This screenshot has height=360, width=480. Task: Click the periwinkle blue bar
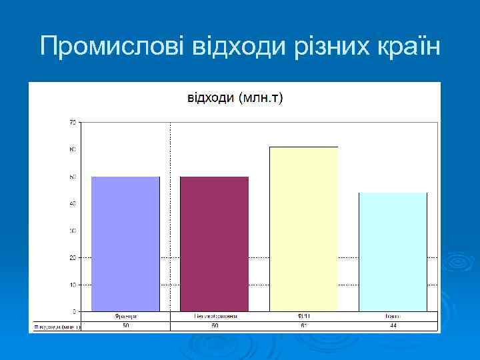125,244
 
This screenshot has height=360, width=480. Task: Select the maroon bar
214,244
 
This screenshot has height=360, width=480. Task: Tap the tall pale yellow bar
303,229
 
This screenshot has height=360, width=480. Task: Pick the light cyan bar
393,252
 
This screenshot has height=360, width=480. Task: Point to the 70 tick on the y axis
72,122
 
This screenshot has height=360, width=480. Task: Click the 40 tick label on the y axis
72,203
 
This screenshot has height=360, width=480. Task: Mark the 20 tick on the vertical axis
72,257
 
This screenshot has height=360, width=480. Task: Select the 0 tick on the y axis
73,311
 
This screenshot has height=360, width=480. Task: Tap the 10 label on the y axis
72,285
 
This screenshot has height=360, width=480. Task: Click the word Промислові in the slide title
113,47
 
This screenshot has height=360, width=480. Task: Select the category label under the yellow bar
303,317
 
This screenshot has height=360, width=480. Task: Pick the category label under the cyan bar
393,317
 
